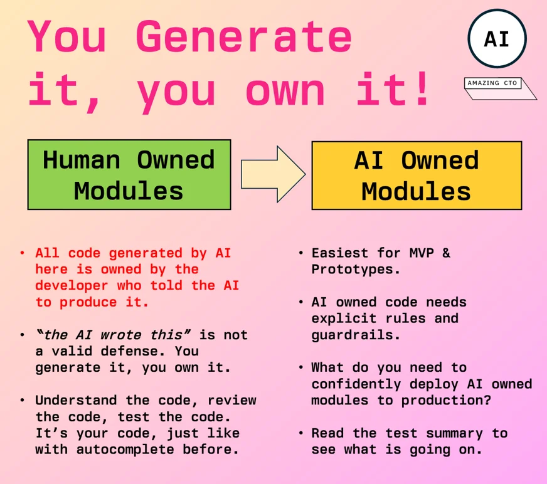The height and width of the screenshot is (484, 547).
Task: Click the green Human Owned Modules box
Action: point(129,175)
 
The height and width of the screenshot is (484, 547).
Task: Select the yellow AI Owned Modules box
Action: point(417,175)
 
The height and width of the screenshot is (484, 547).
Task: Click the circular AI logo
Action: point(497,39)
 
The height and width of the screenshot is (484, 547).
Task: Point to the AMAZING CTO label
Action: point(492,83)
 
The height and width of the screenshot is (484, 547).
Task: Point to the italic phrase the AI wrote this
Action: point(113,335)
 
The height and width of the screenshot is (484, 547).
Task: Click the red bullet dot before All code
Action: point(22,254)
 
